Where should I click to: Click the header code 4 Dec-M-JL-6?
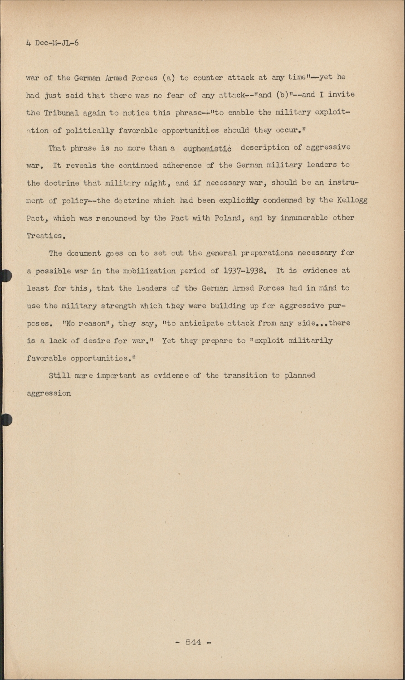(52, 44)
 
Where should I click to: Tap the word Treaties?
(44, 236)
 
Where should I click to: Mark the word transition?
(244, 375)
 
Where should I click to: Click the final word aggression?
(49, 393)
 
